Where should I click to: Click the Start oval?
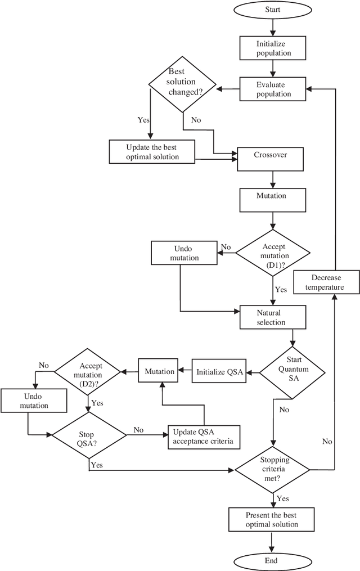[273, 10]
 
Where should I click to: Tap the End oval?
[273, 560]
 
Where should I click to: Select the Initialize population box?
[273, 48]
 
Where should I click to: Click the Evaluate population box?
[273, 89]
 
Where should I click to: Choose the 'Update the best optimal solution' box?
[152, 152]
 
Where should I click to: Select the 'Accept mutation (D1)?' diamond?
[272, 252]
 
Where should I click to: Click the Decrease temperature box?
[327, 282]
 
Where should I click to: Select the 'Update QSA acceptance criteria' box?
[204, 437]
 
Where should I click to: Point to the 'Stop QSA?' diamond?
[89, 435]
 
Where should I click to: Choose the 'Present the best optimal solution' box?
[272, 519]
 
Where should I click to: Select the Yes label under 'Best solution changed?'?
[144, 119]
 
